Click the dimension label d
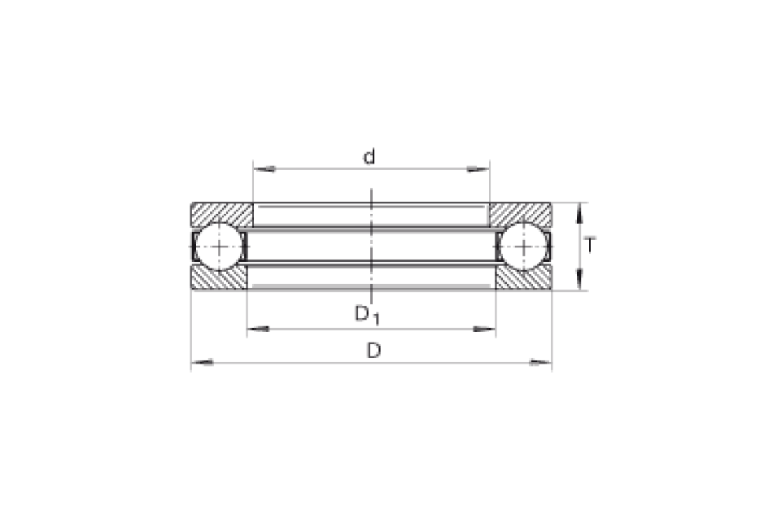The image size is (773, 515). tap(369, 157)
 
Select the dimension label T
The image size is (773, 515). tap(590, 245)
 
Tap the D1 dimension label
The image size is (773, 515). tap(367, 314)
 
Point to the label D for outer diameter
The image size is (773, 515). tap(373, 351)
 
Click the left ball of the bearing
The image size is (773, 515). tap(220, 246)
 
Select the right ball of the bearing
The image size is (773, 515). tap(523, 246)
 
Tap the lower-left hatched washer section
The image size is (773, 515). tap(219, 278)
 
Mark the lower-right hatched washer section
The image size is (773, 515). tap(523, 278)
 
